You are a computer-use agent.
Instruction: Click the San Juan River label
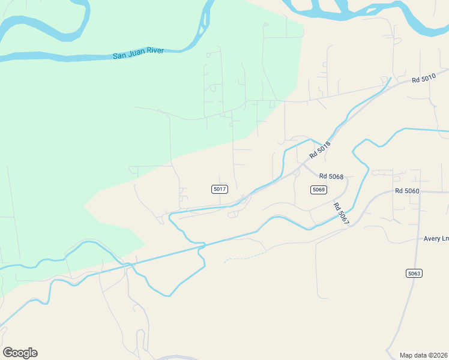click(139, 55)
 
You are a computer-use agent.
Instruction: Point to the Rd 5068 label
click(331, 177)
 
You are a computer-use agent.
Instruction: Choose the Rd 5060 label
click(408, 191)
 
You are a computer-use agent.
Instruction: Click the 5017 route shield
click(220, 189)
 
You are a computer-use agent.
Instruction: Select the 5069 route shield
click(319, 190)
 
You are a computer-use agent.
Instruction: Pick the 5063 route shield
click(414, 274)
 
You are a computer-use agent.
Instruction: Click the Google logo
click(20, 353)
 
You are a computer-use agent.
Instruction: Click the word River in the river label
click(155, 54)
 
